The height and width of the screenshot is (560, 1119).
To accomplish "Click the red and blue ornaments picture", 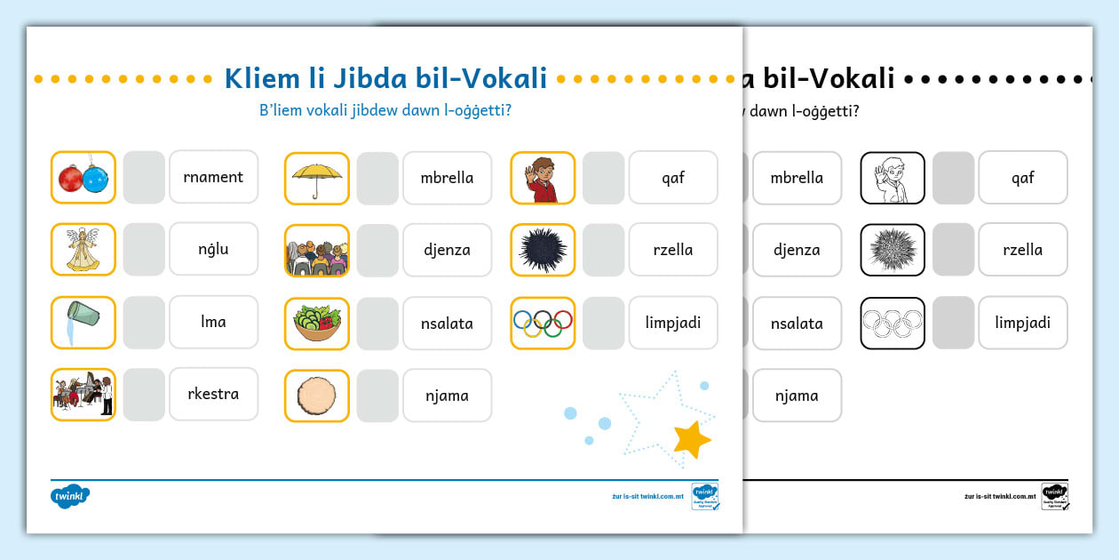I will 83,177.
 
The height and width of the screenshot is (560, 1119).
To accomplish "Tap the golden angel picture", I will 83,249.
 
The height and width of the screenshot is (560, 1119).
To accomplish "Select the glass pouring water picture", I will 83,322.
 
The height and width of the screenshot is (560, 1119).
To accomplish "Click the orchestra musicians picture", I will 83,394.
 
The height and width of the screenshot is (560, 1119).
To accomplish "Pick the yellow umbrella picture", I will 317,178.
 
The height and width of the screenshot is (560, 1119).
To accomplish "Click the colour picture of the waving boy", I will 543,178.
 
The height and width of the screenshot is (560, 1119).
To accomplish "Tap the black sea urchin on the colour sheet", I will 543,250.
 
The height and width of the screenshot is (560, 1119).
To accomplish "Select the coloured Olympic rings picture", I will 543,323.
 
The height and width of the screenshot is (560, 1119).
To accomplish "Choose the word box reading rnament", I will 213,177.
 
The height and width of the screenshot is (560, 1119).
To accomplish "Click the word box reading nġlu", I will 213,249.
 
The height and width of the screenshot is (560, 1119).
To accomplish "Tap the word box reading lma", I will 213,322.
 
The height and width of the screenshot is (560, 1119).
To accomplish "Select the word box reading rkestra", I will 213,394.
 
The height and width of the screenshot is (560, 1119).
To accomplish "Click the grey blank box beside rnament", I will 144,177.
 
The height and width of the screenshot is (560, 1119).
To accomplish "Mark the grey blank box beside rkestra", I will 144,394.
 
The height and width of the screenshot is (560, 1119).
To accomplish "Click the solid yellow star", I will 691,438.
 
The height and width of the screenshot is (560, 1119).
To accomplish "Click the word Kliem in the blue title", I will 262,78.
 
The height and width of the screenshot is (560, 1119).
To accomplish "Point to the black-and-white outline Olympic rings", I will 893,323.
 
